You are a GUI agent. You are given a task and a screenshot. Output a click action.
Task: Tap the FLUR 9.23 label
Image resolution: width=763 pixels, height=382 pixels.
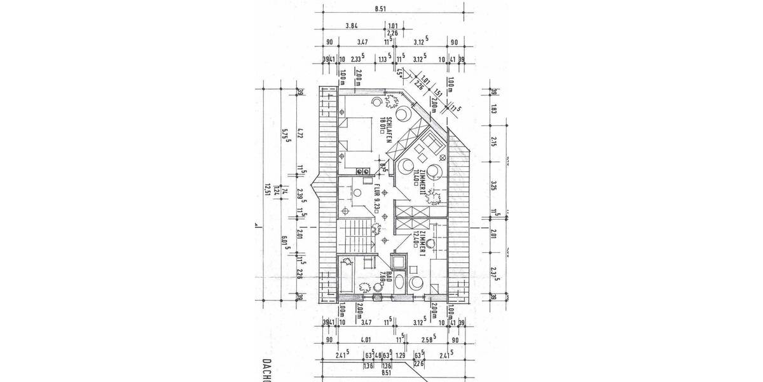(377, 198)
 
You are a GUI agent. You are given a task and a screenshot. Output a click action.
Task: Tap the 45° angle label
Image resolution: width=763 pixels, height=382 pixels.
(400, 73)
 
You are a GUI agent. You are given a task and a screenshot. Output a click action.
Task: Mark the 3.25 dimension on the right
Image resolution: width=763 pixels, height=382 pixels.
(493, 186)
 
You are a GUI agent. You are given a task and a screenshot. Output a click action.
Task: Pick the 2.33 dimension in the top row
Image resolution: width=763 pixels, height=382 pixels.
(357, 60)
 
